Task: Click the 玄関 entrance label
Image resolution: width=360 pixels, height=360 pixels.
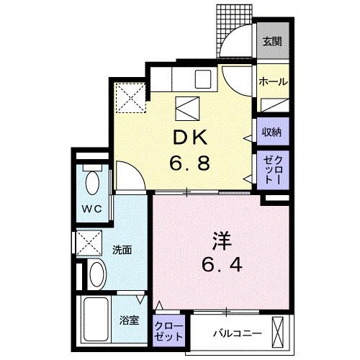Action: (x=272, y=42)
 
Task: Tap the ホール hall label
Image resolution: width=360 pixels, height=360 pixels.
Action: (x=273, y=82)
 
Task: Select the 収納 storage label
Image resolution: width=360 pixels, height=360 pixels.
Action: (x=271, y=132)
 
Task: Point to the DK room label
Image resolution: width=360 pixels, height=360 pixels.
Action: (x=190, y=138)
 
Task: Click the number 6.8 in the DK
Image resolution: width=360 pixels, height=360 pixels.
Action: (x=189, y=163)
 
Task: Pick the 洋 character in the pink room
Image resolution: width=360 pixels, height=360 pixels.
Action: (x=222, y=240)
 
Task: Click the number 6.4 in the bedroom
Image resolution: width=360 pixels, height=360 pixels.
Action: (x=222, y=264)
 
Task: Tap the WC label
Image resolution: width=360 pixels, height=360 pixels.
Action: (x=92, y=209)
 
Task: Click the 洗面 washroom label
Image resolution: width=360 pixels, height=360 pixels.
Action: (x=122, y=250)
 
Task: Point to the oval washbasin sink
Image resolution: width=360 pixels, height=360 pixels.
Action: (x=97, y=274)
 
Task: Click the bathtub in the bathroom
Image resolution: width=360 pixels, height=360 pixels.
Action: (x=96, y=319)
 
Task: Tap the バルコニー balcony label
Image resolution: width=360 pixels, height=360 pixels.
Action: (x=237, y=333)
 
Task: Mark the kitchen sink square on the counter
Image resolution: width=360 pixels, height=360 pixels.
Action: (x=203, y=79)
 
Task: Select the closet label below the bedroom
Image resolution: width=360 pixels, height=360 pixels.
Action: (x=168, y=332)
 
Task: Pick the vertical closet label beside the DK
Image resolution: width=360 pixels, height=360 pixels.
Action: (x=273, y=170)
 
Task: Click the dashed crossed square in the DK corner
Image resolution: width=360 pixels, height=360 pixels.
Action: (x=131, y=97)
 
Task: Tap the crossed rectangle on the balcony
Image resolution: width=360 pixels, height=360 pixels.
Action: (x=278, y=332)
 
